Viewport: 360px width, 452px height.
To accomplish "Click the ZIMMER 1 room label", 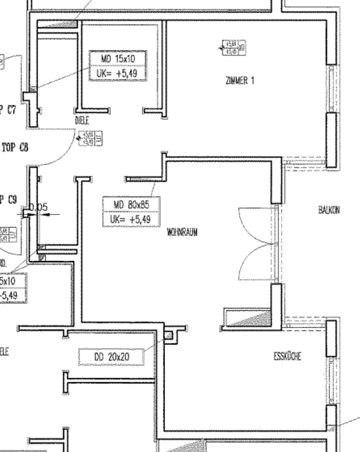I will (240, 81).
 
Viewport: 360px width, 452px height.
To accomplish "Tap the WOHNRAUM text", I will (182, 232).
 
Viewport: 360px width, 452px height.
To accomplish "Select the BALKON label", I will (329, 210).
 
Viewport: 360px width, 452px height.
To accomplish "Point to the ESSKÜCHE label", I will (287, 356).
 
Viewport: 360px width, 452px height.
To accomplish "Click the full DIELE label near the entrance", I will (82, 121).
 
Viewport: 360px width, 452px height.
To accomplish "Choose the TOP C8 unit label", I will (15, 147).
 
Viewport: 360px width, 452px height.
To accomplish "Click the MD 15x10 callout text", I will (118, 59).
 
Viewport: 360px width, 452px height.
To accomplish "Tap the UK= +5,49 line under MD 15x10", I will (118, 74).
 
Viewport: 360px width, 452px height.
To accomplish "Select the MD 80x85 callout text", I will (131, 204).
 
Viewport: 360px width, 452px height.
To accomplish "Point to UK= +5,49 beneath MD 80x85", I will (131, 220).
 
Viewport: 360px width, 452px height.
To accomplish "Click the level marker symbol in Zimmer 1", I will (234, 48).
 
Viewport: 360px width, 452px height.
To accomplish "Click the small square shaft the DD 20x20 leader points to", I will (168, 335).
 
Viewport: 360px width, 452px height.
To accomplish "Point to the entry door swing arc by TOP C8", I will (62, 153).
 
